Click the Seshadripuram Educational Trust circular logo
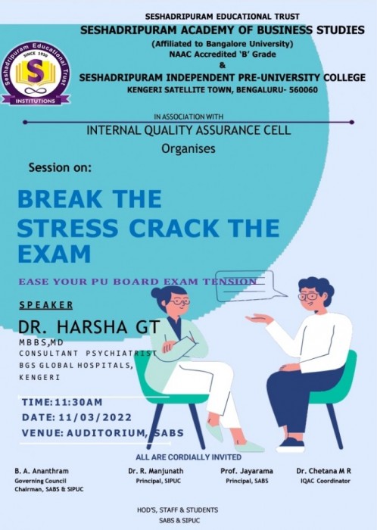pyautogui.click(x=36, y=73)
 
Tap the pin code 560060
pyautogui.click(x=304, y=90)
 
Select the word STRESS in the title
pyautogui.click(x=67, y=228)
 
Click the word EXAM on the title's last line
pyautogui.click(x=54, y=254)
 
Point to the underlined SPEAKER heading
pyautogui.click(x=46, y=305)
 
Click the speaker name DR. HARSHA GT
pyautogui.click(x=89, y=327)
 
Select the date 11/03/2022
pyautogui.click(x=95, y=417)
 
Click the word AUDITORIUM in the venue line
pyautogui.click(x=107, y=433)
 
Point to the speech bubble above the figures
pyautogui.click(x=251, y=285)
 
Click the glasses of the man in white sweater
pyautogui.click(x=308, y=297)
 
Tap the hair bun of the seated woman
pyautogui.click(x=157, y=292)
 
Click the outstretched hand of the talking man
pyautogui.click(x=259, y=319)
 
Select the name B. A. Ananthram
pyautogui.click(x=41, y=471)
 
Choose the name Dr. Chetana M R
pyautogui.click(x=323, y=471)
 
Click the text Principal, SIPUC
pyautogui.click(x=158, y=481)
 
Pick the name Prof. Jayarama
pyautogui.click(x=247, y=471)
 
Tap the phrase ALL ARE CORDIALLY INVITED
pyautogui.click(x=188, y=457)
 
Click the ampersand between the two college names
pyautogui.click(x=222, y=65)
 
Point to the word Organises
pyautogui.click(x=188, y=148)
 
